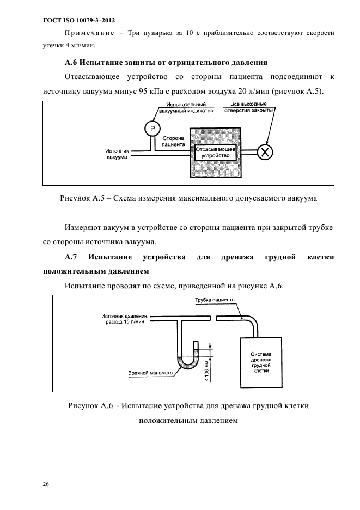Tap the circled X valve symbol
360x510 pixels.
(265, 151)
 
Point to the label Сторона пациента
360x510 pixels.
(173, 142)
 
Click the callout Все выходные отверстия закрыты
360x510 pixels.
(248, 107)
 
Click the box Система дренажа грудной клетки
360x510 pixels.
(261, 362)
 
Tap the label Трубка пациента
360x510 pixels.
(215, 300)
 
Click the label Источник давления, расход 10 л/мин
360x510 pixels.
(125, 319)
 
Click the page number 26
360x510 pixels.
(46, 484)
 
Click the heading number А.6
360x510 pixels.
(72, 62)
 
